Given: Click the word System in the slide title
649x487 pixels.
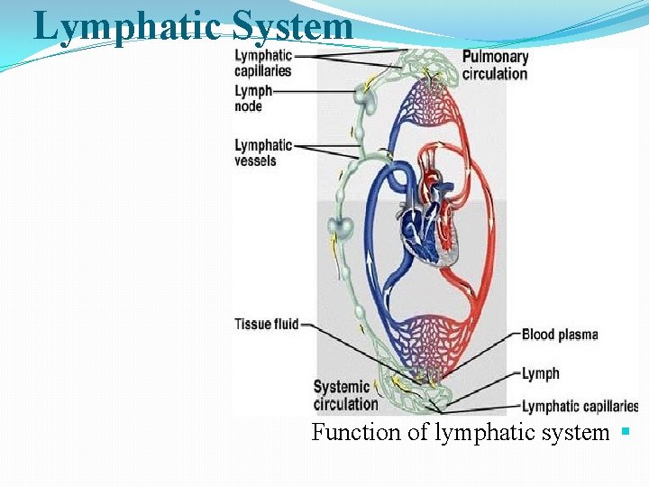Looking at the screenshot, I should pos(292,26).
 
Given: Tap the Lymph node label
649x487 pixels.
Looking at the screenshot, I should pos(251,98).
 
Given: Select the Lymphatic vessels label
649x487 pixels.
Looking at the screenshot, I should pos(263,152).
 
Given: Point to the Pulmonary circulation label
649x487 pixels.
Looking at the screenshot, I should pos(495,65).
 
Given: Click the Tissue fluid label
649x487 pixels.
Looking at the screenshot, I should pos(266,324).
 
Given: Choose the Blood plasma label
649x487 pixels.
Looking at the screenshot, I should pos(560,335).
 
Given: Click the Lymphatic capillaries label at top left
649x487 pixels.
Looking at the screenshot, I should pos(263,63).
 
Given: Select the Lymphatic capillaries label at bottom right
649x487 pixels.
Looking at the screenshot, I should pos(580,407).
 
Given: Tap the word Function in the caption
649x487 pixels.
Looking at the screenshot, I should pos(356,432).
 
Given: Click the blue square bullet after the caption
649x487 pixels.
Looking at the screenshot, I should pos(625,432).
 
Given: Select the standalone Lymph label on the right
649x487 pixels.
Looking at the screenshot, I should pos(541,373).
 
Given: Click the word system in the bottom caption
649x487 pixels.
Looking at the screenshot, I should pos(572,432).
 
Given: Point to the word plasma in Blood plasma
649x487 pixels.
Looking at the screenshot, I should pos(578,335).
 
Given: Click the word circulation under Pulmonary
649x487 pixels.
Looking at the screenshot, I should pos(495,74).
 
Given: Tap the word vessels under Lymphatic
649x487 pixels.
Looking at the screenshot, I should pos(256,161).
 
